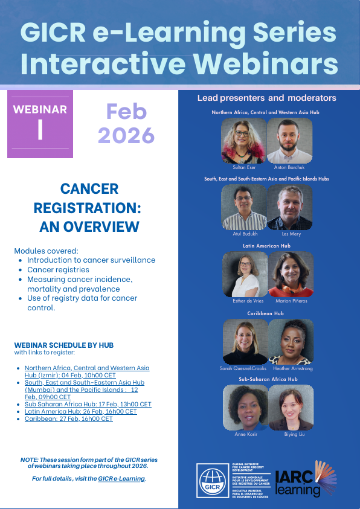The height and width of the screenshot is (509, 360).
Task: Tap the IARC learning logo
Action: tap(304, 480)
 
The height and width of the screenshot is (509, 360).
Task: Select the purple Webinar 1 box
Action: tap(40, 124)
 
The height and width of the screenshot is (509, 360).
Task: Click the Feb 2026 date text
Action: tap(126, 123)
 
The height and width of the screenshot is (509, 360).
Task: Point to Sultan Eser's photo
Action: tap(244, 141)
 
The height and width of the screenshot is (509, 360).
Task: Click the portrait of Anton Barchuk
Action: tap(290, 141)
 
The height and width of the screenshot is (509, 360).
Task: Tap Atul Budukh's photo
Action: tap(244, 207)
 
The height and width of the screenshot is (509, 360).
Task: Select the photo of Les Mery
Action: tap(290, 207)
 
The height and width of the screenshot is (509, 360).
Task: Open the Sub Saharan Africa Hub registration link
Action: tap(88, 404)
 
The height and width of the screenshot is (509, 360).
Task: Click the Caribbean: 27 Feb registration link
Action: tap(68, 418)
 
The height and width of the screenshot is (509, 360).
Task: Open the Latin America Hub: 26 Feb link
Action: tap(80, 411)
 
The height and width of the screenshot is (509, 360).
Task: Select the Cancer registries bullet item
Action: tap(58, 269)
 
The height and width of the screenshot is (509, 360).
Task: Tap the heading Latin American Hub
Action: tap(266, 246)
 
